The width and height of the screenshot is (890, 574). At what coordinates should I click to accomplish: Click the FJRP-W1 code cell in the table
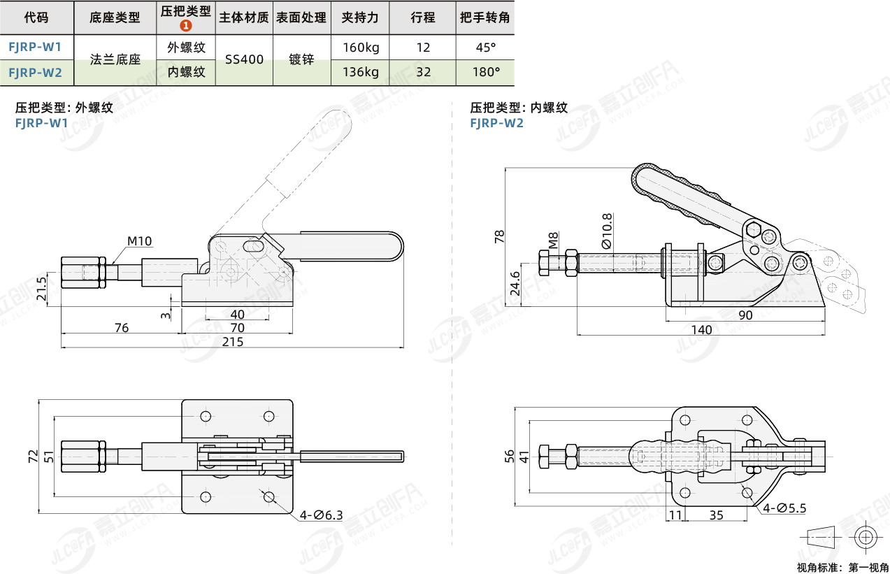coord(36,47)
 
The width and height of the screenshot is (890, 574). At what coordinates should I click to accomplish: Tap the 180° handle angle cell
coord(486,71)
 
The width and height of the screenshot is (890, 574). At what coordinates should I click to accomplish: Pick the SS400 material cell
coord(244,59)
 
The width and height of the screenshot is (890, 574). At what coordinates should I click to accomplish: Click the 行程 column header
coord(422,17)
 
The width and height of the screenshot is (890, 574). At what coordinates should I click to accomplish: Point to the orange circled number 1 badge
coord(186,26)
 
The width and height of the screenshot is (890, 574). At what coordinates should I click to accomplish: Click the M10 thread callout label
coord(139,241)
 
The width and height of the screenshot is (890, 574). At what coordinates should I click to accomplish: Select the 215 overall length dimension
coord(233,341)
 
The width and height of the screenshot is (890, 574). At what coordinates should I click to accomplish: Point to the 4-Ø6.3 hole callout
coord(322,515)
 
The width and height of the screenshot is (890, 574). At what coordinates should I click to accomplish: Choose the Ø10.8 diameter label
coord(606,231)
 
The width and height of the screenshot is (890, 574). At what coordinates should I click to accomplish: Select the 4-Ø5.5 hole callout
coord(784,508)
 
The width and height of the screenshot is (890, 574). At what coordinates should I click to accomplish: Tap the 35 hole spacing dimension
coord(716,516)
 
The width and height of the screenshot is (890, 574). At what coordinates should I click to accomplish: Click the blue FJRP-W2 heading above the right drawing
coord(496,123)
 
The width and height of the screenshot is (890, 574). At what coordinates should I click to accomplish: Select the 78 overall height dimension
coord(499,237)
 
